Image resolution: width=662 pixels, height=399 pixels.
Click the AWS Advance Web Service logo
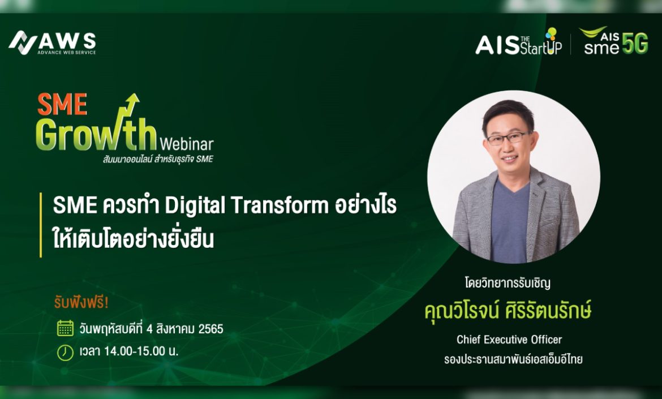(x=53, y=42)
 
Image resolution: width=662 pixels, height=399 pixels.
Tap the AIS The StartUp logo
(x=518, y=42)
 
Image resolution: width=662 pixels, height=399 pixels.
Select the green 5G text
(x=635, y=44)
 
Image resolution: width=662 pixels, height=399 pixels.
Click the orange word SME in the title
(x=62, y=104)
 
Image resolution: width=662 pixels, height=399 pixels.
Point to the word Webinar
(x=187, y=144)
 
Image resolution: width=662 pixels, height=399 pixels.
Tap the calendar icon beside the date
(x=66, y=328)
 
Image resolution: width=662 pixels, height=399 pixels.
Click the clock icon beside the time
(x=66, y=352)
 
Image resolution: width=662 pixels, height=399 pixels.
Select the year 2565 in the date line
(x=210, y=329)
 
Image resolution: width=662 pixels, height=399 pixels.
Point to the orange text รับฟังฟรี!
(x=81, y=303)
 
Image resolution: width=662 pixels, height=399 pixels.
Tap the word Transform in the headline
(x=280, y=206)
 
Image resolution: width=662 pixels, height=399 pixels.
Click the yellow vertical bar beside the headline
(x=41, y=225)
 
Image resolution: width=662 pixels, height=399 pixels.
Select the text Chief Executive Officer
(x=509, y=340)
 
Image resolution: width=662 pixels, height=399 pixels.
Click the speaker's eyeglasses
(x=508, y=138)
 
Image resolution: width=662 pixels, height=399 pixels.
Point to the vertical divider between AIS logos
(x=570, y=44)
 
